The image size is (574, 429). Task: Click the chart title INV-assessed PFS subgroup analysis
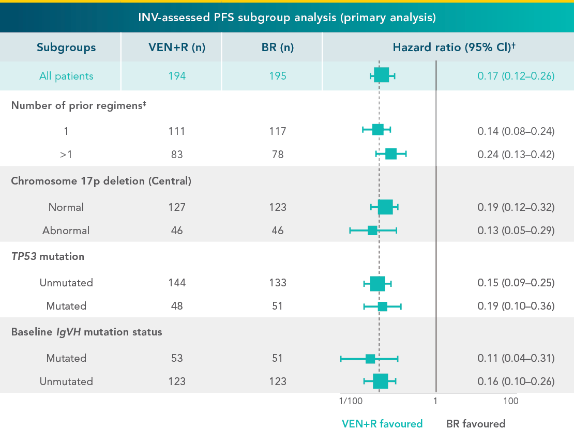287,18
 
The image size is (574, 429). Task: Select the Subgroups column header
66,47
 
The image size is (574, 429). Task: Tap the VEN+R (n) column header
176,47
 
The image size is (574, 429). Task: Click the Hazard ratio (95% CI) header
455,47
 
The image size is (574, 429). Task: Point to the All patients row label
66,76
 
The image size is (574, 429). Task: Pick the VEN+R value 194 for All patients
176,76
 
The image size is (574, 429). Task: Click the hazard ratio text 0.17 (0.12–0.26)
516,76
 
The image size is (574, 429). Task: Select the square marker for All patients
381,76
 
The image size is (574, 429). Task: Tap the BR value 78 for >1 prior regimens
277,154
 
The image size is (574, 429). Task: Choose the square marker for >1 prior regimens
391,154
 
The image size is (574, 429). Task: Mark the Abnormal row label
66,231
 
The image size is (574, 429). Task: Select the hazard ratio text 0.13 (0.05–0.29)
516,231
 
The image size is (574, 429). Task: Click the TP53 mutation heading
48,256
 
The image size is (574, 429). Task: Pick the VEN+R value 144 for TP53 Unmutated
176,283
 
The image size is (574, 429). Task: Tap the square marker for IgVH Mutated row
370,359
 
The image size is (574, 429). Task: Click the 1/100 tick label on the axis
351,402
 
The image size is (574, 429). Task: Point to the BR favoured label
476,424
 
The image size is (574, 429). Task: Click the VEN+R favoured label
382,424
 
